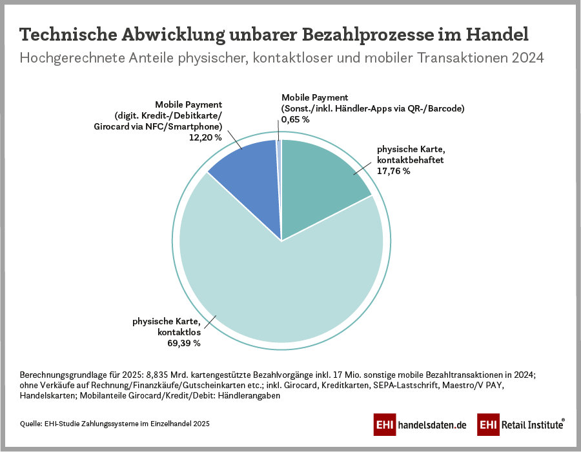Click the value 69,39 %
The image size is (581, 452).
(x=184, y=343)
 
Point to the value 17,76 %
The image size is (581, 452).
(x=394, y=171)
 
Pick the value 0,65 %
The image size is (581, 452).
(x=296, y=119)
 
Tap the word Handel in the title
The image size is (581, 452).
(x=499, y=34)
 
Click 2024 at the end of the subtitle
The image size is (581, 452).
(x=527, y=57)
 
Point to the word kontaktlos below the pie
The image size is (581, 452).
(x=179, y=332)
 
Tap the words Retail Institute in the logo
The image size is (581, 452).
(x=531, y=426)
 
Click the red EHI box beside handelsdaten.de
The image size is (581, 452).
(x=385, y=426)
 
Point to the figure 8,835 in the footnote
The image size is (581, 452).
(x=161, y=375)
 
